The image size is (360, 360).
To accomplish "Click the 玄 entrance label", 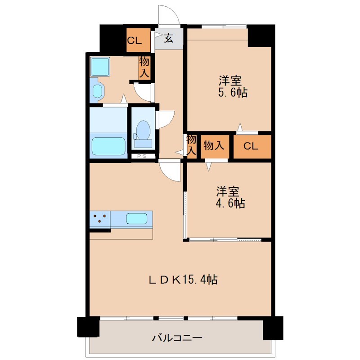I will tap(169, 39).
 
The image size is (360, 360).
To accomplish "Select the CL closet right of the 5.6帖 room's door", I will tap(252, 146).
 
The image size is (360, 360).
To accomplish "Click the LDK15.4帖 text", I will tap(183, 279).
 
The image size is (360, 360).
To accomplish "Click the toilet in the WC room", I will tap(144, 131).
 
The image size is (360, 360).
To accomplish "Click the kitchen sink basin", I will tap(136, 219).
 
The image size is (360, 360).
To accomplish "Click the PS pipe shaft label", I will tap(143, 156).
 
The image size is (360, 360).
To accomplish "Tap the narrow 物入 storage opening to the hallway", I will tap(192, 146).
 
